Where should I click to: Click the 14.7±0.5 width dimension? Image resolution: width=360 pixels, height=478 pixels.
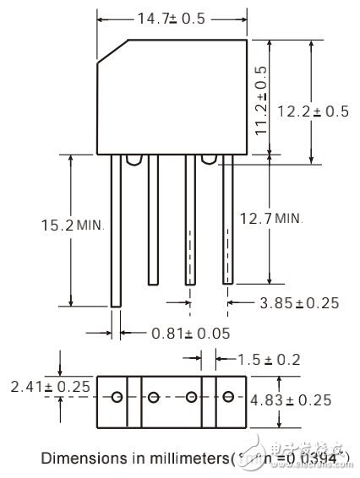[x=172, y=18]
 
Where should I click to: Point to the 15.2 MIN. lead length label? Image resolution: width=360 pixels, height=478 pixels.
[x=71, y=225]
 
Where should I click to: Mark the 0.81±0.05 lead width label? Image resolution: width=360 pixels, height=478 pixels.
[x=190, y=333]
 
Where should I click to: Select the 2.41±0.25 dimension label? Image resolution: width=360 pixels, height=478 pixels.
[x=38, y=387]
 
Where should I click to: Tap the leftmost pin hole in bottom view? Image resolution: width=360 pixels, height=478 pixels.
[x=117, y=398]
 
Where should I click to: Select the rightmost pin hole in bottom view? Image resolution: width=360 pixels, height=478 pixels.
[x=229, y=398]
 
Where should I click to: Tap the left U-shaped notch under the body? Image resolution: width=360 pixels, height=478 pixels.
[x=133, y=159]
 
